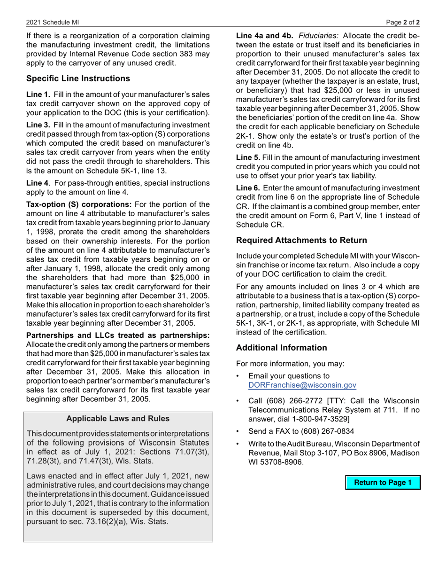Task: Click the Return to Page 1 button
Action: coord(383,483)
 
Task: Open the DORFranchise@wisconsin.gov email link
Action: coord(302,385)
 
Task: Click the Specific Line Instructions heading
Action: coord(78,78)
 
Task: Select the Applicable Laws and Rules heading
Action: coord(118,419)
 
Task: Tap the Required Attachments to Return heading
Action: coord(301,240)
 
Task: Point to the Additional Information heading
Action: coord(281,348)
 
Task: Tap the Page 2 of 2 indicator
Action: coord(403,22)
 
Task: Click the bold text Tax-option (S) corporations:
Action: coord(79,204)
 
